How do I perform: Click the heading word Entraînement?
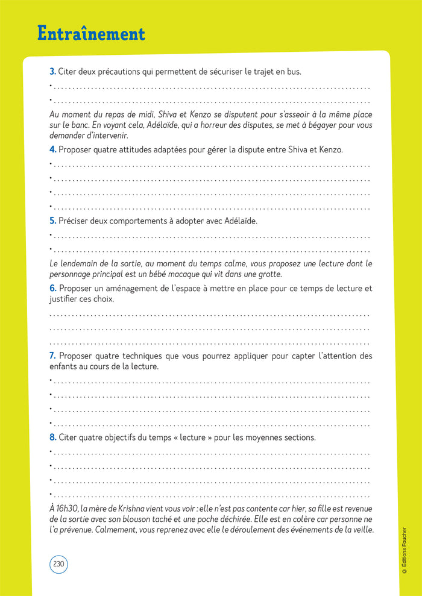[91, 34]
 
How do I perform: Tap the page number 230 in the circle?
[58, 564]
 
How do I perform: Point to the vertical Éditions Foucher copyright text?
[404, 551]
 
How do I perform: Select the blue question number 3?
[52, 72]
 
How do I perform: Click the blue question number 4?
[52, 149]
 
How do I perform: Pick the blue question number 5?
[52, 221]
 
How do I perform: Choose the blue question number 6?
[52, 289]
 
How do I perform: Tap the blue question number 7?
[52, 356]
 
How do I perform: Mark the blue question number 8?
[52, 438]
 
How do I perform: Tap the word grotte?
[268, 274]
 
